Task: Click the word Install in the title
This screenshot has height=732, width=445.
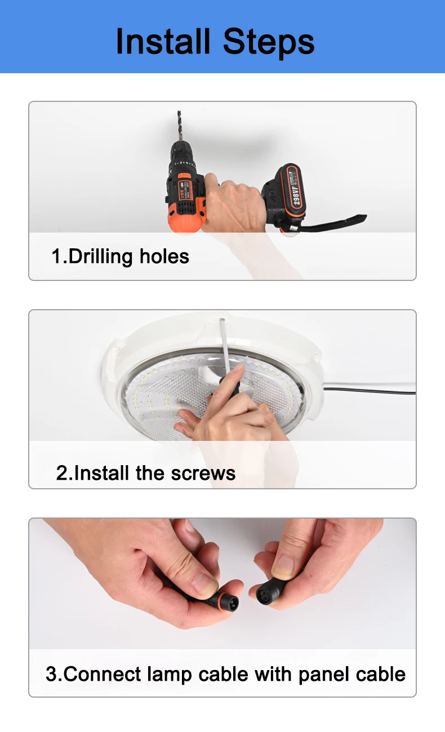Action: coord(163,41)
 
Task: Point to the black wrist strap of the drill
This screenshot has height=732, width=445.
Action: coord(330,224)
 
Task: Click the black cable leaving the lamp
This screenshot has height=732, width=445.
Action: coord(370,391)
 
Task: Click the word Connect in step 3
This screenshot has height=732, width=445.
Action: coord(102,674)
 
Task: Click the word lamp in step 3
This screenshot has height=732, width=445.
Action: coord(169,675)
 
